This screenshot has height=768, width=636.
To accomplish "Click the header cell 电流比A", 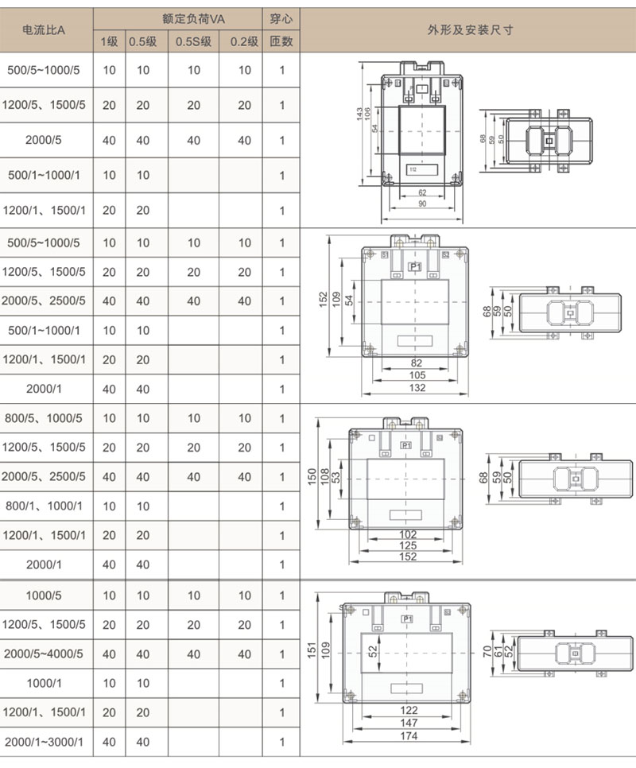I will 45,30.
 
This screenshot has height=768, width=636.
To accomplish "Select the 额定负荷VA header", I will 178,17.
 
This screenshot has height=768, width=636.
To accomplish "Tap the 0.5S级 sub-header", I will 193,42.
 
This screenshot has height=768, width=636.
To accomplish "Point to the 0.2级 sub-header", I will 244,42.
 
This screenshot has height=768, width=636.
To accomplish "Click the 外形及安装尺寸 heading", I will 470,30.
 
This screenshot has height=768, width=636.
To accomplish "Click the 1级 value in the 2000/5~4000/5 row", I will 109,654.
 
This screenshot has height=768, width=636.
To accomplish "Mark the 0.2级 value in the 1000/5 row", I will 244,595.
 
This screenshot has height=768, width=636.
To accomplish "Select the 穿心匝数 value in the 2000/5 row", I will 281,141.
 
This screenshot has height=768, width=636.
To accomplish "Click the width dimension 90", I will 421,204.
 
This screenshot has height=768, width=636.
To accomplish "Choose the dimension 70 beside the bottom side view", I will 487,653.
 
